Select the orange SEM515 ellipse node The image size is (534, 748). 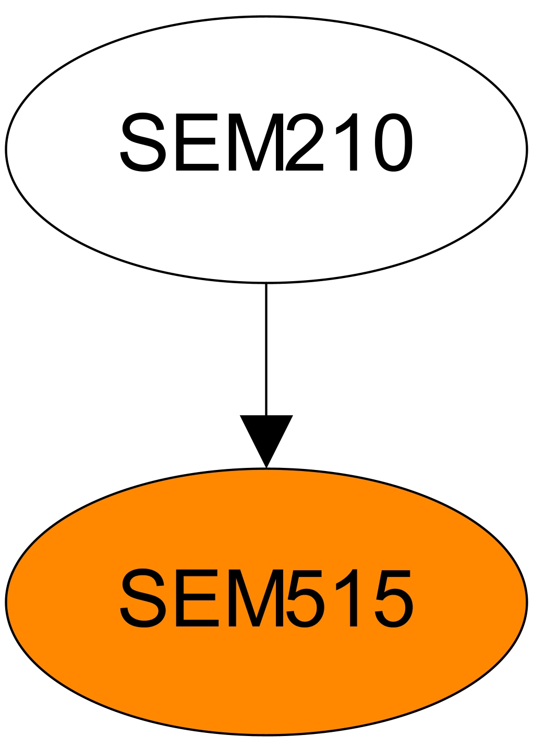point(266,678)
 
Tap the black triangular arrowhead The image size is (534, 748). point(266,438)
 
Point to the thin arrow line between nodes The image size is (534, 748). point(266,349)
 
